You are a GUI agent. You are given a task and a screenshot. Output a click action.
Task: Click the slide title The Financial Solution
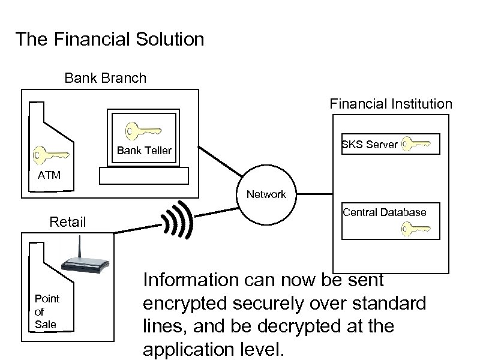tap(110, 40)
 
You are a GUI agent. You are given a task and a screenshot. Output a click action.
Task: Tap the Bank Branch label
tap(105, 78)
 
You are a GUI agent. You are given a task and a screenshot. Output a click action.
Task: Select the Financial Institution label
tap(391, 104)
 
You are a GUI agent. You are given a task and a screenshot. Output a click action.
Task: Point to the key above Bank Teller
tap(142, 130)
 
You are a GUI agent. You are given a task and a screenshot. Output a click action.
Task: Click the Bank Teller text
tap(144, 151)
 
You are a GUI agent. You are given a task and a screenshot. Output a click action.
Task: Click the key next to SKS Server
tap(416, 143)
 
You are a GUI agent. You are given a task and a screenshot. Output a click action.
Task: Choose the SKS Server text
tap(370, 145)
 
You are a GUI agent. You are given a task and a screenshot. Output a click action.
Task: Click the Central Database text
tap(385, 212)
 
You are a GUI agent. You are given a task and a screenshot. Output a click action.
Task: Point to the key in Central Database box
tap(416, 229)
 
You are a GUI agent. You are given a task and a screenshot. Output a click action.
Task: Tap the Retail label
tap(68, 223)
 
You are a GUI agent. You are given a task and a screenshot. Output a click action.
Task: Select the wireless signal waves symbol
tap(178, 220)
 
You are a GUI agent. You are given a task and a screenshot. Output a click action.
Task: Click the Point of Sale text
tap(47, 311)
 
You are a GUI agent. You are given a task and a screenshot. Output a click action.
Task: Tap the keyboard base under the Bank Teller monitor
tap(144, 175)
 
